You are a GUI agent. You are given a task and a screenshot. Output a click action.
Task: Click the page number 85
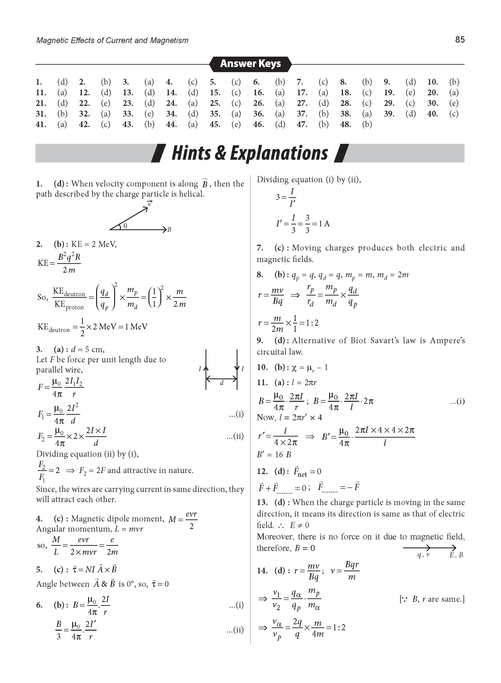459,39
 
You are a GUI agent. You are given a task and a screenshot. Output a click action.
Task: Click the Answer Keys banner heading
250,63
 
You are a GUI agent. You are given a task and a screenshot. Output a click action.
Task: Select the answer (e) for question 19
410,92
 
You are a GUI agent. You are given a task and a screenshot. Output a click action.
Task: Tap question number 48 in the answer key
345,124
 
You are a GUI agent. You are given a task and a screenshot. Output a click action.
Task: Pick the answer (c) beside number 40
454,114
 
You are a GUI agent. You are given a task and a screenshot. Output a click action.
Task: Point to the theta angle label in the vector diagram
125,226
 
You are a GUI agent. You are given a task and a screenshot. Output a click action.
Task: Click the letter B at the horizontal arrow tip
169,230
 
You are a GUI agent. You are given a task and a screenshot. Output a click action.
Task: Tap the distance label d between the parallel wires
221,383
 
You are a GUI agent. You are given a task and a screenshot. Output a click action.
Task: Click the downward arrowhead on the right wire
237,368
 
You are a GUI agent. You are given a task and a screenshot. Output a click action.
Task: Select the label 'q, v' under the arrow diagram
424,555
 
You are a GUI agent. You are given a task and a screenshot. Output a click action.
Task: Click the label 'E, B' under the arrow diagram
456,555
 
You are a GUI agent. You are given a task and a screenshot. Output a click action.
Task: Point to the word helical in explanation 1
191,194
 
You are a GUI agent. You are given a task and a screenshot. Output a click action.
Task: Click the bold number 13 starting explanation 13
262,502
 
